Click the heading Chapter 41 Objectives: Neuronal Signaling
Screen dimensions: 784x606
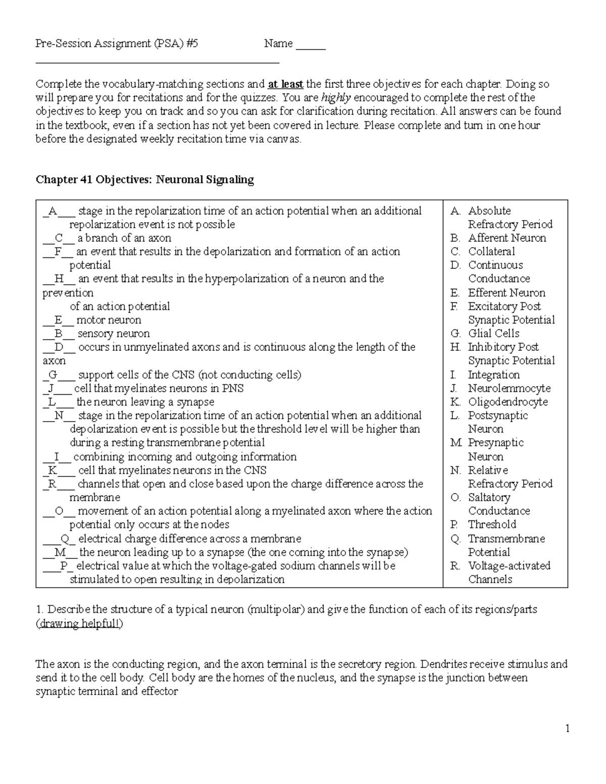pos(144,180)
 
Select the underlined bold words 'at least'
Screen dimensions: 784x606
pos(285,84)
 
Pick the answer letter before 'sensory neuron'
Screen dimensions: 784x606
pos(59,334)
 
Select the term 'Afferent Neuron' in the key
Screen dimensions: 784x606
pos(507,238)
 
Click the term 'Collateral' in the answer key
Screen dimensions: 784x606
pos(491,251)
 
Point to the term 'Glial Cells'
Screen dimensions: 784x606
pos(493,333)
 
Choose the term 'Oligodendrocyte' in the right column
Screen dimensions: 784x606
pos(508,402)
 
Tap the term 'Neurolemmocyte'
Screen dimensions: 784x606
pos(509,388)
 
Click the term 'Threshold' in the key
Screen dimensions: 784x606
pos(491,525)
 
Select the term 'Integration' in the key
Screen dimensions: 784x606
pos(493,375)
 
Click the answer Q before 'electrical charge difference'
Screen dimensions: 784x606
pos(64,539)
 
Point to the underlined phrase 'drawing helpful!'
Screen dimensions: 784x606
pos(79,623)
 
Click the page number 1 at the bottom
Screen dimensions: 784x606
pos(567,728)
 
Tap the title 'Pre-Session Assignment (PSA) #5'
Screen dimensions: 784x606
pos(117,44)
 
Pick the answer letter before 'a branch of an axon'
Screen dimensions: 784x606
pos(59,238)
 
